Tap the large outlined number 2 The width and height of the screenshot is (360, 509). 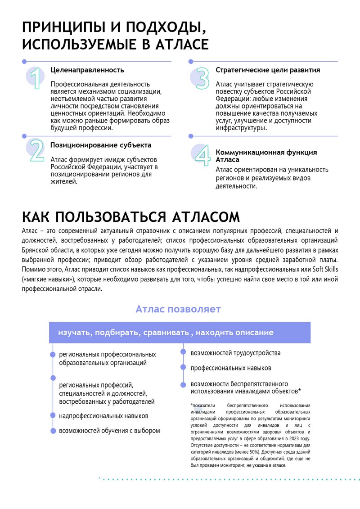coord(36,151)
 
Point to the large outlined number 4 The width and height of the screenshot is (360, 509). coord(202,156)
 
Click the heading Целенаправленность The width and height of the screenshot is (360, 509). coord(87,70)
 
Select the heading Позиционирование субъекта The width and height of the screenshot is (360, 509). coord(100,145)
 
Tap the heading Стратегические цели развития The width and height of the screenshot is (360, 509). coord(268,70)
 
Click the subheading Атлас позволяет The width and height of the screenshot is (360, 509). coord(178,309)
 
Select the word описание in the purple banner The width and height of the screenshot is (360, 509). coord(252,333)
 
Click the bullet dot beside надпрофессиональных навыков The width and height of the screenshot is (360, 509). coord(53,416)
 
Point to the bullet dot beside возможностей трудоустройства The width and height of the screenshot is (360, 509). coord(183,353)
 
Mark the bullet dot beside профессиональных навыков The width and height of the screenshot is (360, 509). coord(183,368)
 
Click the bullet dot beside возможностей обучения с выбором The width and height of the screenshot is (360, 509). coord(53,431)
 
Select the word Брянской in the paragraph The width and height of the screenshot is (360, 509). coord(34,250)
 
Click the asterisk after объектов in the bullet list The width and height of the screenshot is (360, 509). coord(299,390)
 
